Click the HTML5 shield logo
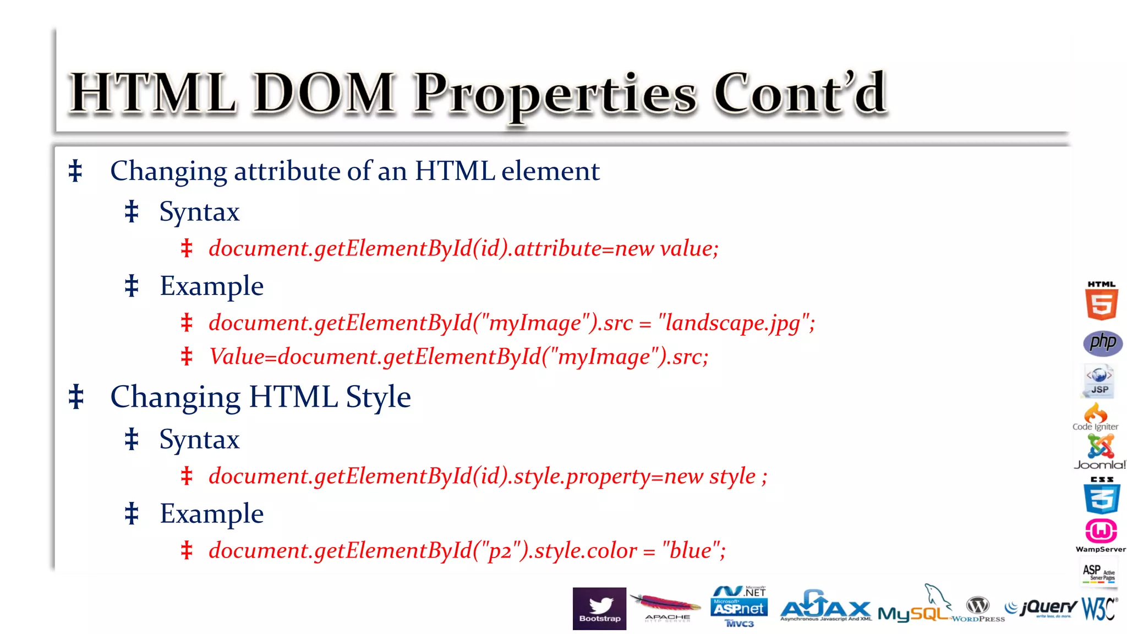1101,301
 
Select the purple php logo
1102,343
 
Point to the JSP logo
1099,381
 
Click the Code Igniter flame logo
1096,417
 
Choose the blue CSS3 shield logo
1102,495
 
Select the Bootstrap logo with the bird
599,608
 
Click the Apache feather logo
666,607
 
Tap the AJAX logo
825,607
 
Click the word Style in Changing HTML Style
378,397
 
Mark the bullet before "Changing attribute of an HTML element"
75,171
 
